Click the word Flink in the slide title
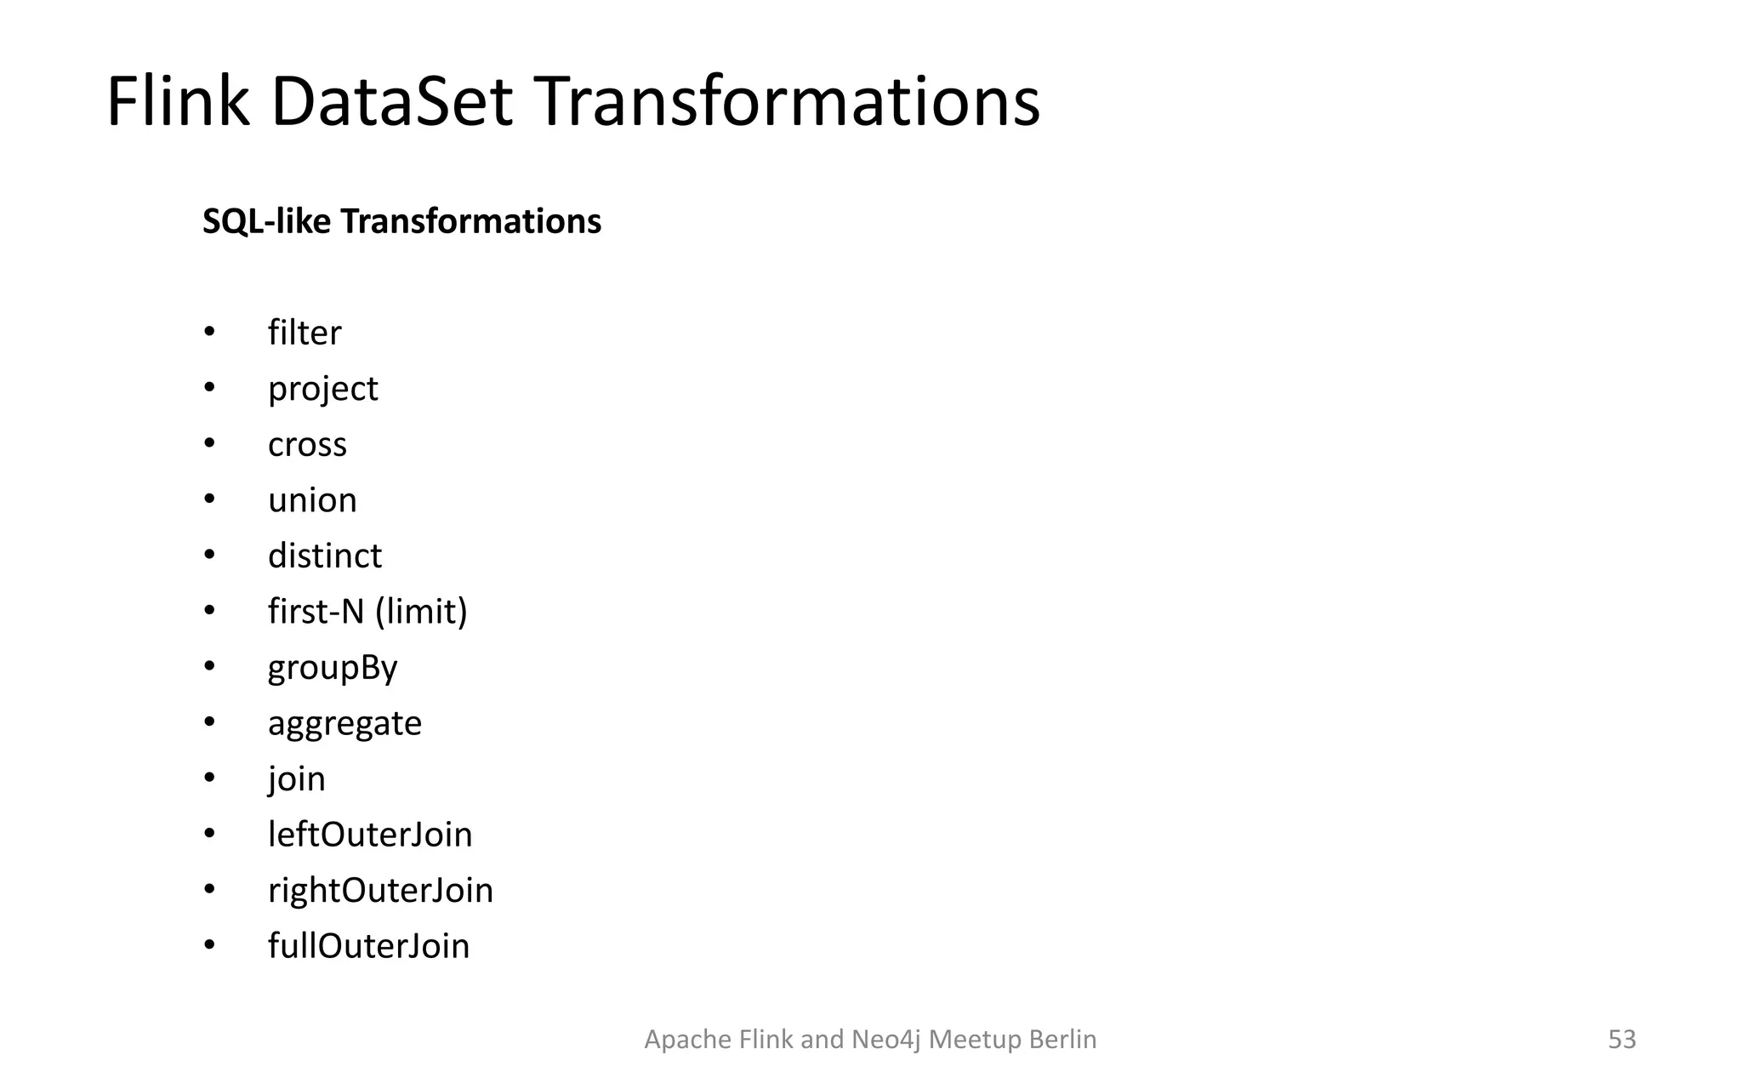178,102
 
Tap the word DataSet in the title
392,102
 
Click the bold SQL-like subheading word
266,222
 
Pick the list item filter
305,333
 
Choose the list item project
322,390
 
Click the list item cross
307,445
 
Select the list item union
312,500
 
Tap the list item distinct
325,556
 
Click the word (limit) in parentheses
421,612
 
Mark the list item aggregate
344,724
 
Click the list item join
297,779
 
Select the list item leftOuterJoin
370,835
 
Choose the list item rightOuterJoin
380,891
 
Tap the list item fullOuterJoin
368,946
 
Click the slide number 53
1621,1040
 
